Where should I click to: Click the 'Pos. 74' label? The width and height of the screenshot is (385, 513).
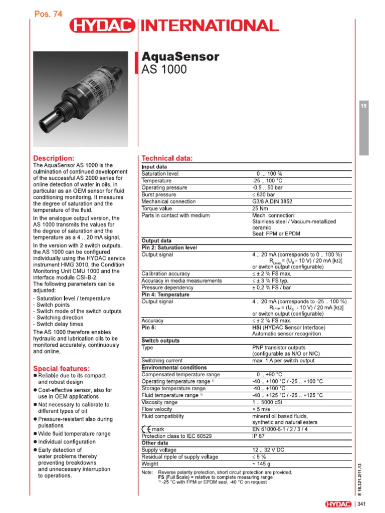[x=48, y=15]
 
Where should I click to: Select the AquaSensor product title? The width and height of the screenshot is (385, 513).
[x=181, y=57]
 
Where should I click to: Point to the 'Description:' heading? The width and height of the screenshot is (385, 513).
[x=54, y=158]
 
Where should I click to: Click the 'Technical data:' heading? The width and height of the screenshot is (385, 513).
[x=167, y=158]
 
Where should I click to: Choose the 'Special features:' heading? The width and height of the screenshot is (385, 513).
[x=61, y=368]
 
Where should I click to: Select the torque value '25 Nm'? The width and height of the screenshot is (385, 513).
[x=261, y=208]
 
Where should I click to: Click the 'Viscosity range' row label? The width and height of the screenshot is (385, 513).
[x=159, y=402]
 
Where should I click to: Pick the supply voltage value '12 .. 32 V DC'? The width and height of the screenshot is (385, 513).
[x=268, y=450]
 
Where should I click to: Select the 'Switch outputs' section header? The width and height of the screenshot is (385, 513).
[x=160, y=340]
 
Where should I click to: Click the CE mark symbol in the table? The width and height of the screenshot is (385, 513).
[x=146, y=429]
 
